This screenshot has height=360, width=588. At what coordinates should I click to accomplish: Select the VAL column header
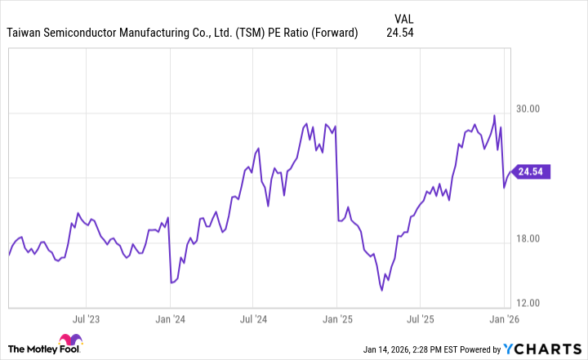pos(403,17)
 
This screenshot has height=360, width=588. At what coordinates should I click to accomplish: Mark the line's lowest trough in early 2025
pos(382,289)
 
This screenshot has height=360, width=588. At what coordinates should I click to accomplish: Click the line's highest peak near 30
pos(494,116)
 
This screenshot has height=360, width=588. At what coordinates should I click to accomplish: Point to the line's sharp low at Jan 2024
pos(171,282)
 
